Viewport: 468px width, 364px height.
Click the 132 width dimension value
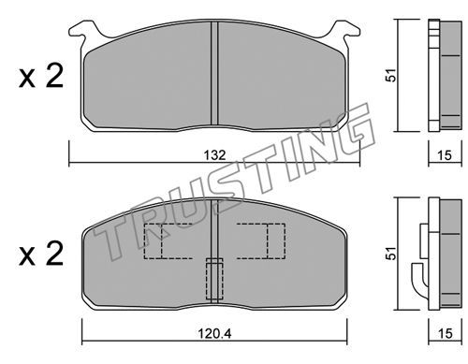tap(215, 155)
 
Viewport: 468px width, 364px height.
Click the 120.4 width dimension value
tap(214, 334)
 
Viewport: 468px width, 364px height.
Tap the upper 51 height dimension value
tap(391, 75)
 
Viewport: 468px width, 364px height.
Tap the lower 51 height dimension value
tap(391, 254)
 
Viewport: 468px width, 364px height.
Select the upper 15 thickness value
tap(445, 155)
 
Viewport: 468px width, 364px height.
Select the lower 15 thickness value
tap(445, 333)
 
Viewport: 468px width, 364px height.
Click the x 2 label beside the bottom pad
tap(41, 254)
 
